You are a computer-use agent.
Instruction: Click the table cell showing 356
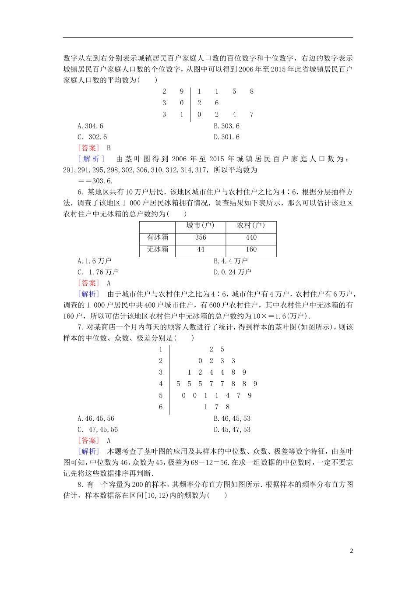(201, 238)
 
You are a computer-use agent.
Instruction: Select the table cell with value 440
(251, 238)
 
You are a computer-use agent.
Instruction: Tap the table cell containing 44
(201, 249)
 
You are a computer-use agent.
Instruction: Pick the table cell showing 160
(251, 249)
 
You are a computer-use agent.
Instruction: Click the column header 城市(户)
(200, 226)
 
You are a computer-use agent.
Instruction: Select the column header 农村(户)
(251, 226)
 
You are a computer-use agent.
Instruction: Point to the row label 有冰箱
(157, 238)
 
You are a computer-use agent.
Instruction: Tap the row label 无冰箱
(157, 249)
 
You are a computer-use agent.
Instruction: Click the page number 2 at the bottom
(351, 551)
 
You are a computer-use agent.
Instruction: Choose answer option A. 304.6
(91, 126)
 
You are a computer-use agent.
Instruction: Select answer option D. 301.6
(226, 137)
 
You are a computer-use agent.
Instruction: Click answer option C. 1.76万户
(98, 272)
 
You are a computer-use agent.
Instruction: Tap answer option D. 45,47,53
(232, 429)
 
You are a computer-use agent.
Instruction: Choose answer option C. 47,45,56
(98, 429)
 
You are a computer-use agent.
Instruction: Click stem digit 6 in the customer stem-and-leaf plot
(161, 407)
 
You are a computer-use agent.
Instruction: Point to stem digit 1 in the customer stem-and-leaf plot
(161, 349)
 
